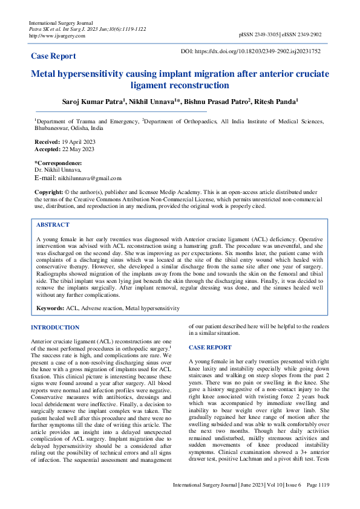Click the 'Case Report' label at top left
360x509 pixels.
click(x=53, y=56)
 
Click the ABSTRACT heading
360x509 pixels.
click(x=53, y=224)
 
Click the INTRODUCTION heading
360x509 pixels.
click(x=55, y=328)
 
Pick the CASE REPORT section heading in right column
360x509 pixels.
click(x=210, y=348)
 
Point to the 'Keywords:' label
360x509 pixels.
click(x=50, y=308)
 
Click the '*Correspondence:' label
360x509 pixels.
click(x=57, y=163)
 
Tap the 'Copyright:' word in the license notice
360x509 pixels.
click(x=48, y=191)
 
